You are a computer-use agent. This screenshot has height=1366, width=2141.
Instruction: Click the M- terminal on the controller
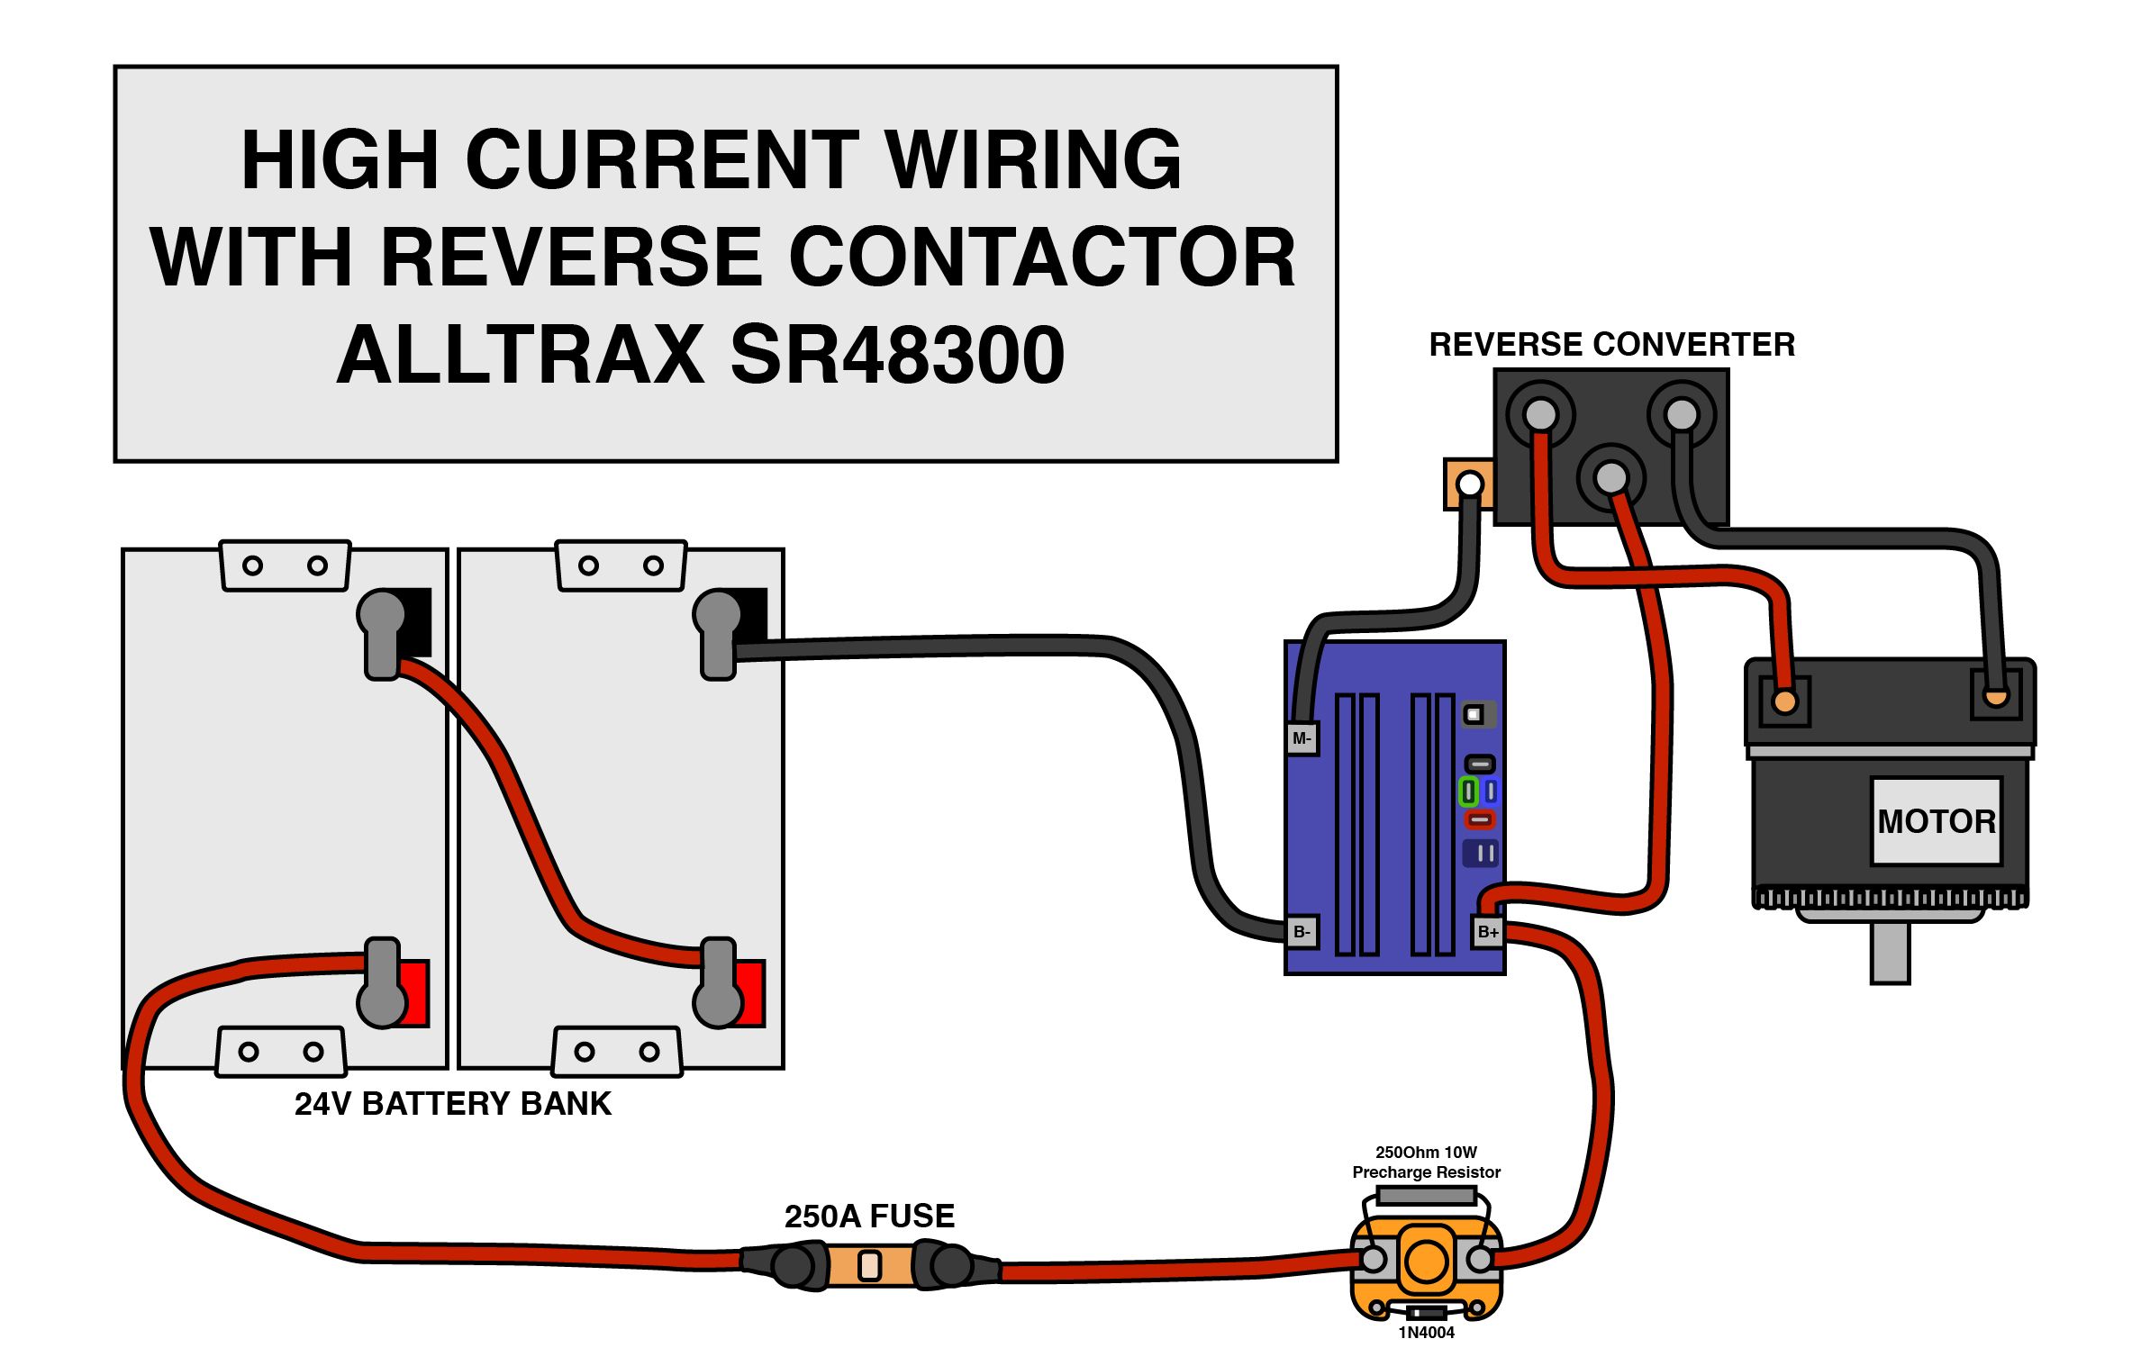coord(1302,738)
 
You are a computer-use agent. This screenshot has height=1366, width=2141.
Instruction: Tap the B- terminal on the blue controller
coord(1302,932)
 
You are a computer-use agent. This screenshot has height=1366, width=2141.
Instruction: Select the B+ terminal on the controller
coord(1488,932)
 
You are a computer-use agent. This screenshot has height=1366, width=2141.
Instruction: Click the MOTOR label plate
coord(1936,821)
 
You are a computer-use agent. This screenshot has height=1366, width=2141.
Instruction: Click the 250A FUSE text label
coord(869,1217)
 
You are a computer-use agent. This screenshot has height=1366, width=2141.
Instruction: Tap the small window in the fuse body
coord(869,1266)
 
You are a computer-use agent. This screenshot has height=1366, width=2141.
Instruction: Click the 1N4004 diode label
coord(1426,1333)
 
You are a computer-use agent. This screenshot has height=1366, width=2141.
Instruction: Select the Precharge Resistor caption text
coord(1426,1172)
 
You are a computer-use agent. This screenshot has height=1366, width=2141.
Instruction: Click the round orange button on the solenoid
coord(1427,1260)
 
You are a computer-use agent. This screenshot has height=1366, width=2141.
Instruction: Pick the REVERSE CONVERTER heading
coord(1611,345)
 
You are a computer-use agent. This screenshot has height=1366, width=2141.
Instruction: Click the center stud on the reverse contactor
coord(1610,477)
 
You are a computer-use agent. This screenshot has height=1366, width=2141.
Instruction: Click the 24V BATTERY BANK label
coord(452,1104)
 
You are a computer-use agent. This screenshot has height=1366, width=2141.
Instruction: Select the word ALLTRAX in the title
coord(521,355)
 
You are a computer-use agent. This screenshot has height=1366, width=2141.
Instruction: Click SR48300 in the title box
coord(897,355)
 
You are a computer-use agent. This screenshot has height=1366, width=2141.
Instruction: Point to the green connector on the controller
coord(1468,792)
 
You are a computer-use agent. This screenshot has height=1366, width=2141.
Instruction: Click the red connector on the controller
coord(1479,819)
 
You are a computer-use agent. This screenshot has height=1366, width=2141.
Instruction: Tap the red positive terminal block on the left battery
coord(415,994)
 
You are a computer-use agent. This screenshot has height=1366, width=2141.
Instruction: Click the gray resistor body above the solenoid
coord(1427,1196)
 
